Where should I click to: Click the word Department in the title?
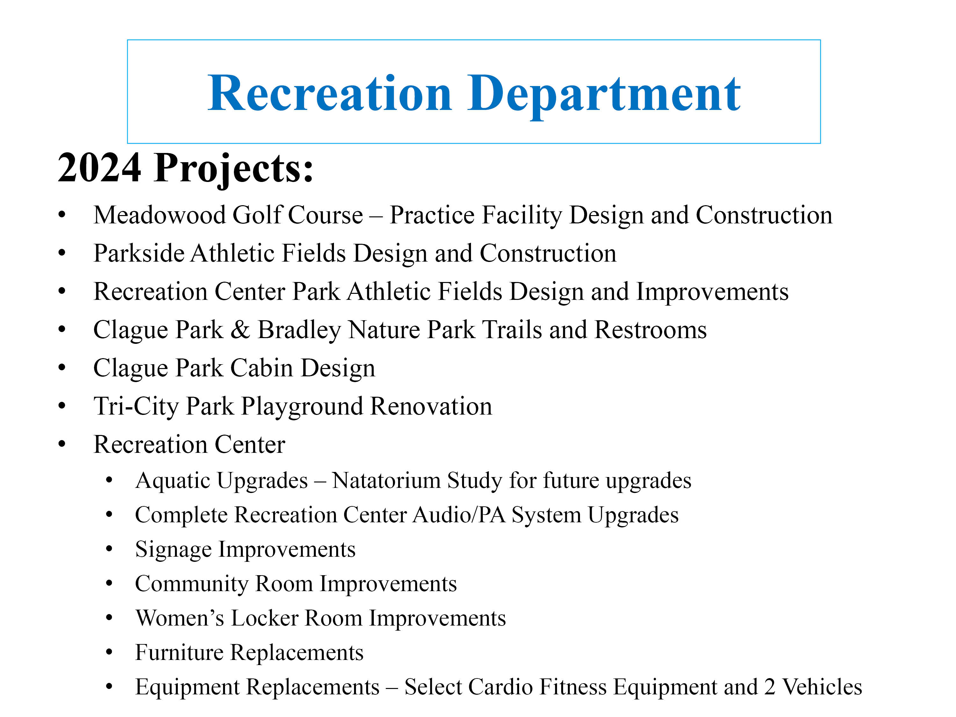[604, 95]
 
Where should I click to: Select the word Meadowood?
[159, 215]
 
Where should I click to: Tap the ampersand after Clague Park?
[240, 330]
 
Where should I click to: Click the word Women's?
[180, 618]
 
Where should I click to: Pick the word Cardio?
[500, 687]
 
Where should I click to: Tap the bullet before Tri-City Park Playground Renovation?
[62, 406]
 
